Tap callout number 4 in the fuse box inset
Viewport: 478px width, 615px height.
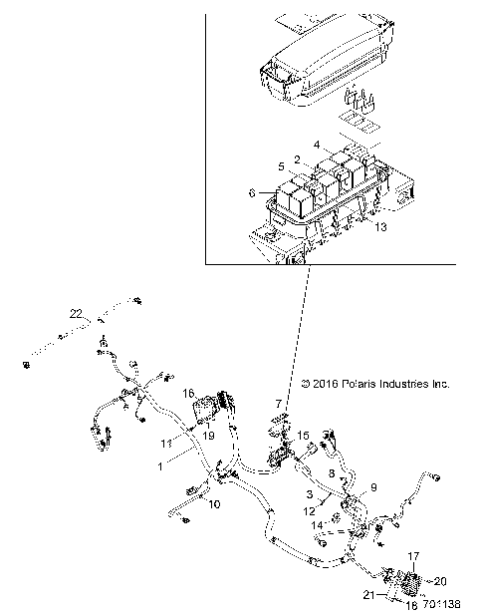click(x=317, y=144)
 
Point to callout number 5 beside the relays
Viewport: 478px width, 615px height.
click(x=282, y=165)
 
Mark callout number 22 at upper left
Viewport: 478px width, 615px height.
click(x=74, y=314)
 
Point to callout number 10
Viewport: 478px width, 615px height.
click(x=214, y=504)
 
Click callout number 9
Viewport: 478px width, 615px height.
click(x=374, y=487)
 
